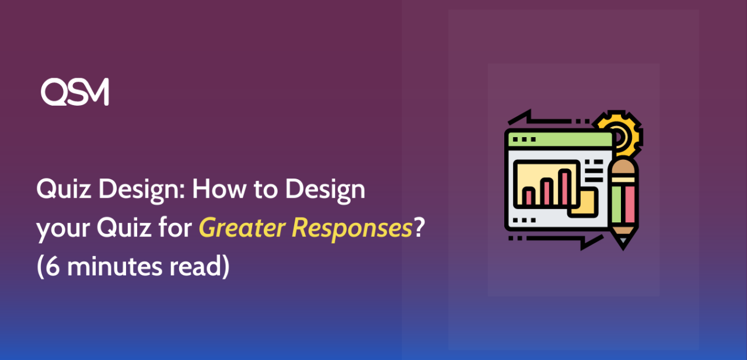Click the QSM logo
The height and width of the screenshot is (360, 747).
(x=75, y=92)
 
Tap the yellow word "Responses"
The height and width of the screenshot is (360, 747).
(x=352, y=229)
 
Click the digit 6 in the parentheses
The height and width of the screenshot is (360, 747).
(x=51, y=267)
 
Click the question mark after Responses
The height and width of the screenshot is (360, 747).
(x=419, y=229)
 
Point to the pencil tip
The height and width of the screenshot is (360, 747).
(x=623, y=243)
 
